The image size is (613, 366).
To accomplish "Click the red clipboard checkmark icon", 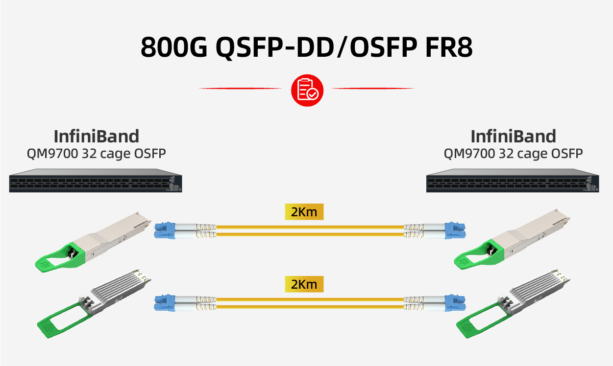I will coord(307,89).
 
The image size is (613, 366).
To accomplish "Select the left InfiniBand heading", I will coord(96,137).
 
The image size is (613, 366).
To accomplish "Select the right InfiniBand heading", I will coord(513,137).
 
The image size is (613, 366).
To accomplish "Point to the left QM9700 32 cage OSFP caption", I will coord(96,154).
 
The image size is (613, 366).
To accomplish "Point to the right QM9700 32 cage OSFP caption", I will coord(513,154).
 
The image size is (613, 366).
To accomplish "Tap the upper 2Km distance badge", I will coord(304,212).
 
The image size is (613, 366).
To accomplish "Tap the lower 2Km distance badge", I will coord(304,284).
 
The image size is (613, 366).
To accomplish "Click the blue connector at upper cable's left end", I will coord(165,230).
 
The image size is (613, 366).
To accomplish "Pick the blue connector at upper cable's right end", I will coord(454,230).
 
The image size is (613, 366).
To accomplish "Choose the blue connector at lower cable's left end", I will coord(165,302).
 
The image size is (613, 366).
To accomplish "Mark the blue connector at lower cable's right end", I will coord(454,302).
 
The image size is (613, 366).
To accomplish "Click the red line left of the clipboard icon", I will coord(240,89).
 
